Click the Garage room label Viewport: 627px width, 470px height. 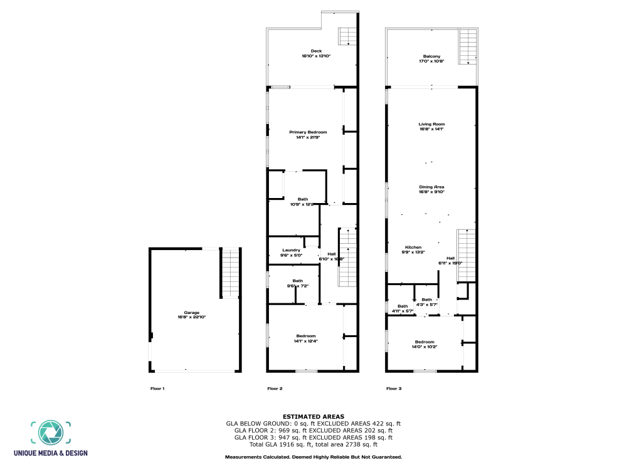click(191, 315)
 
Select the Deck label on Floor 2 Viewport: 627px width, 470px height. click(316, 53)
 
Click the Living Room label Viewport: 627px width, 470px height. click(431, 127)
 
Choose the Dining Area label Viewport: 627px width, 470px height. click(431, 189)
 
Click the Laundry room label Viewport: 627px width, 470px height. click(291, 253)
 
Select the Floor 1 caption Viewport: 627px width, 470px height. click(157, 389)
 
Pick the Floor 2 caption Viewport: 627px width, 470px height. click(275, 389)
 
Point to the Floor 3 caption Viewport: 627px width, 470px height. click(393, 389)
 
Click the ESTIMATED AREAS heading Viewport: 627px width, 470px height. click(313, 416)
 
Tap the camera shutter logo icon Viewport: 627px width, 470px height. click(50, 433)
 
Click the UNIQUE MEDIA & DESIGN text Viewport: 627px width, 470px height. click(50, 453)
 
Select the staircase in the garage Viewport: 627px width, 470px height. click(231, 273)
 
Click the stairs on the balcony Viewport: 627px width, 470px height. click(468, 47)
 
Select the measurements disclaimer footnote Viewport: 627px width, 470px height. click(313, 457)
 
